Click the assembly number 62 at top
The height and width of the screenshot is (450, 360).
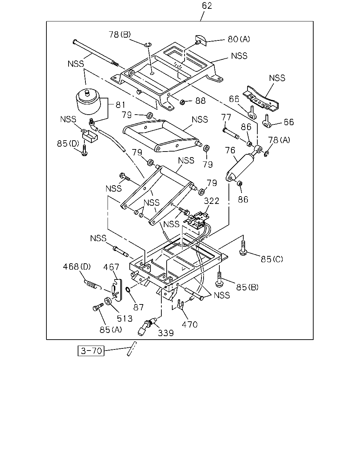207,6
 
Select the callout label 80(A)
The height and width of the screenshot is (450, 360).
239,39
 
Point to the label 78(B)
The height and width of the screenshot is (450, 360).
120,34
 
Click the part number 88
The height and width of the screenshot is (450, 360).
200,101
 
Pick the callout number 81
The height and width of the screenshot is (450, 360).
121,105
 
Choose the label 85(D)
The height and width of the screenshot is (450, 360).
68,143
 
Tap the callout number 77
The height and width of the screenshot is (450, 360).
226,117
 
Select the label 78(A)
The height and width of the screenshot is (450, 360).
279,140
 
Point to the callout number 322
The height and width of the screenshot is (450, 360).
212,201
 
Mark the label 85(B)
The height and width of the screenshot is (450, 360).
247,287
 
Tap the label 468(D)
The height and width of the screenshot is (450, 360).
77,266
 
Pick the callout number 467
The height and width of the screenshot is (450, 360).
111,267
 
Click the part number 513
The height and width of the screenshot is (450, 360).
125,319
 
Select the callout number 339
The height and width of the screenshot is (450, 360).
166,333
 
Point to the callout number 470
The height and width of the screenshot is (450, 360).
189,325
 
